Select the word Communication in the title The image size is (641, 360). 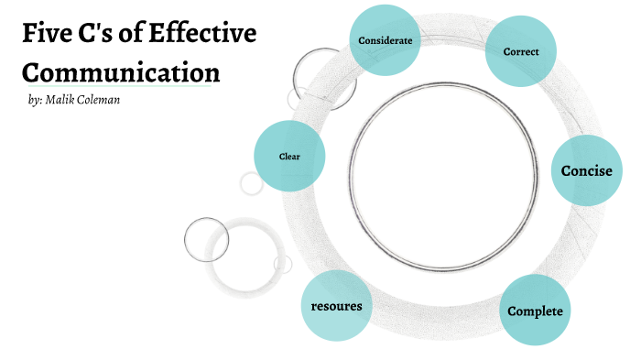pos(121,71)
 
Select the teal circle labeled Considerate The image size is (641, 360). pos(386,39)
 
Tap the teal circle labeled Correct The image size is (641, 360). pos(520,52)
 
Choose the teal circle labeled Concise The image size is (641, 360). pos(586,170)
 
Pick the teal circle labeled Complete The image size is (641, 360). pos(536,310)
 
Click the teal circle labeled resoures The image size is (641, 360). pos(337,305)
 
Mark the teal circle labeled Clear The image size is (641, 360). pos(289,156)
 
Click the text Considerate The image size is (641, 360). pos(386,40)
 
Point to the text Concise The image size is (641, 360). pos(586,170)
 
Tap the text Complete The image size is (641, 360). pos(536,311)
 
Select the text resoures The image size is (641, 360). pos(337,305)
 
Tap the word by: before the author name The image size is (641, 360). pos(37,99)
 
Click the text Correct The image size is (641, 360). pos(520,52)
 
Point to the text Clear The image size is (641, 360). pos(289,156)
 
